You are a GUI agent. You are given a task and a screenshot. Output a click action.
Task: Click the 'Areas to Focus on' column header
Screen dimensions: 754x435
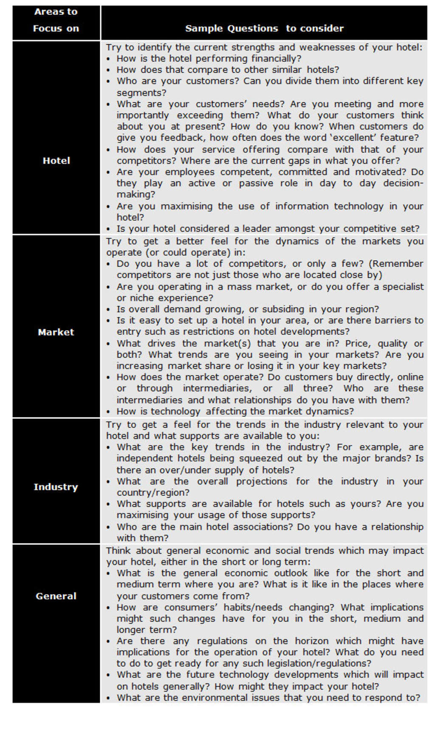click(x=56, y=20)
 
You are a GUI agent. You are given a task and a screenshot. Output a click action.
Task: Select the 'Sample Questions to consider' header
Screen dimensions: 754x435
click(x=264, y=28)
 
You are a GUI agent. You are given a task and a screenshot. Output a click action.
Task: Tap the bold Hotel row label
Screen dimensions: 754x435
click(x=56, y=161)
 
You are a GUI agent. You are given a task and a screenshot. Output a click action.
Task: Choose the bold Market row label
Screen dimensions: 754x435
click(x=56, y=332)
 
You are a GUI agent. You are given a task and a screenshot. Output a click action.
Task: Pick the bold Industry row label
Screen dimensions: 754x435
click(x=56, y=487)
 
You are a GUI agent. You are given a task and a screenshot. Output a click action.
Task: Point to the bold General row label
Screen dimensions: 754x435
click(x=56, y=596)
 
